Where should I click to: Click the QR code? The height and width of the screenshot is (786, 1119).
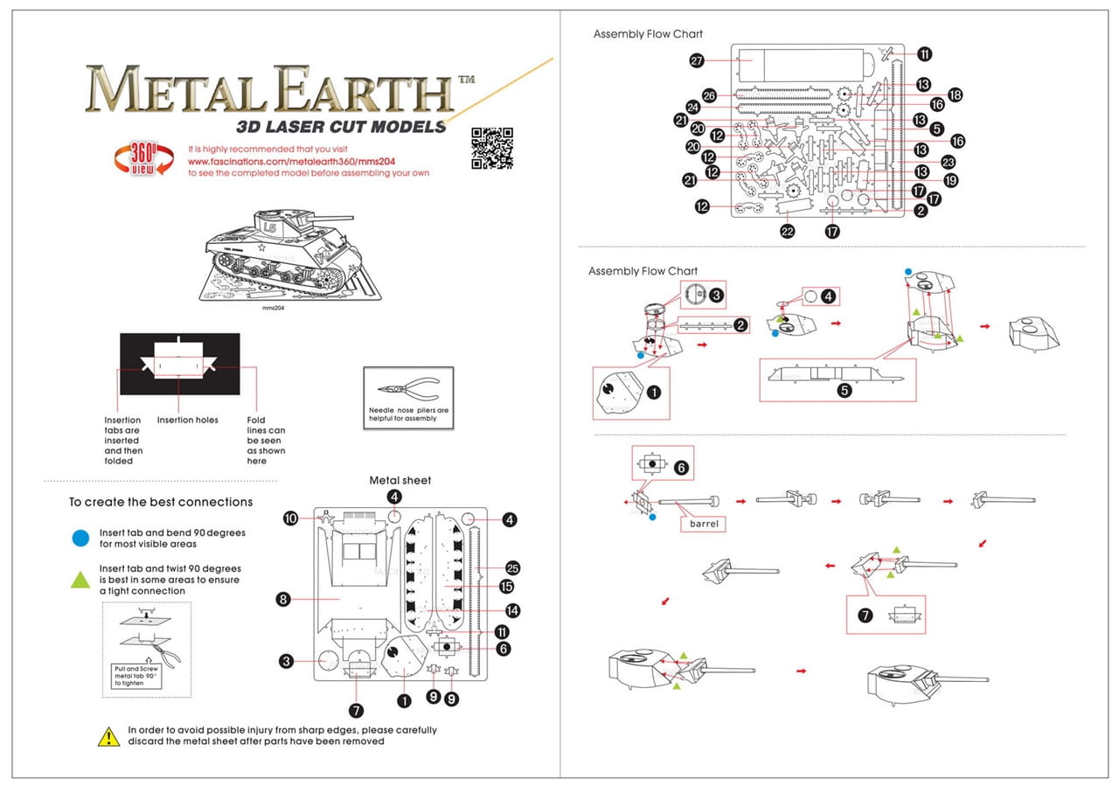[x=491, y=148]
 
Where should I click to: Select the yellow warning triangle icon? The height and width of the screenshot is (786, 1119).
[x=108, y=736]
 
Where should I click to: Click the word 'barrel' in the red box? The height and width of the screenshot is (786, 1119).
[x=704, y=524]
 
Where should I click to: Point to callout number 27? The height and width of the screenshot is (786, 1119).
[x=697, y=61]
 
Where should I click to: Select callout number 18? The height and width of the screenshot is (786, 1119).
[x=955, y=94]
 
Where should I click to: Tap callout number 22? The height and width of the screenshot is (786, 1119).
[x=788, y=231]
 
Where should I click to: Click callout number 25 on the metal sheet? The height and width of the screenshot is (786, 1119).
[x=512, y=567]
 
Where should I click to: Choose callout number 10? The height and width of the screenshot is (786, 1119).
[x=291, y=518]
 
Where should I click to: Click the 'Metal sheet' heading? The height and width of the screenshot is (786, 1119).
[x=400, y=480]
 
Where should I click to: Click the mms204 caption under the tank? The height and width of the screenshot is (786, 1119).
[x=275, y=309]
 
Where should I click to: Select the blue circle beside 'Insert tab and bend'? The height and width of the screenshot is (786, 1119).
[x=80, y=538]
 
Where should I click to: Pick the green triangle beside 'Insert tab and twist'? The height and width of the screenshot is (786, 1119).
[x=80, y=579]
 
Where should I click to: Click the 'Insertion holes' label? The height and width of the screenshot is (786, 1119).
[x=188, y=420]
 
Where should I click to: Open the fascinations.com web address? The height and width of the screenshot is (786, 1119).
[x=268, y=162]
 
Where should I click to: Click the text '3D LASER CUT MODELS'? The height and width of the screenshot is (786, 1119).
[x=341, y=126]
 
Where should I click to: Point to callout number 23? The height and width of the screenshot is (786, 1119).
[x=949, y=162]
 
